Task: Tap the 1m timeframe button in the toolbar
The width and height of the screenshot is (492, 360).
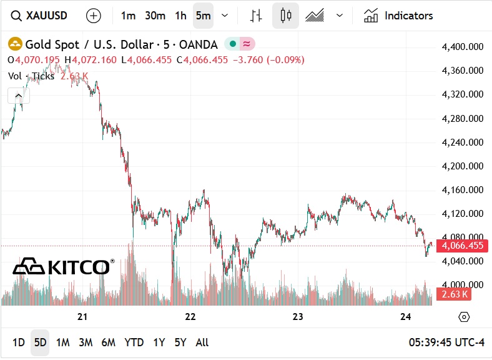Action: (128, 16)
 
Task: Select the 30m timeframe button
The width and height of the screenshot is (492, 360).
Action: (155, 16)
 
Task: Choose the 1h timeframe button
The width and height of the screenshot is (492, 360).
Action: (180, 16)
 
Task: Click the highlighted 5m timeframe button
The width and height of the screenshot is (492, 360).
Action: (203, 16)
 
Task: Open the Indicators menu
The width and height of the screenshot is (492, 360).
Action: (398, 16)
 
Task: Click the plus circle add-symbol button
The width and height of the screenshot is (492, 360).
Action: (93, 16)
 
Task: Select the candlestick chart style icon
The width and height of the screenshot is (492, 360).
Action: (285, 16)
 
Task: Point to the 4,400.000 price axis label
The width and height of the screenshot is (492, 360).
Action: (463, 47)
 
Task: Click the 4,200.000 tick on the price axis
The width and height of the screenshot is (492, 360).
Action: (463, 166)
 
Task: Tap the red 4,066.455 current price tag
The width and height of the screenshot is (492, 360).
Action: (463, 246)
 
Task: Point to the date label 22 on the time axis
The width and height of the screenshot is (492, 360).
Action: (190, 317)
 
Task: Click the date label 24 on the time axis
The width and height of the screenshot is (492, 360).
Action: (406, 317)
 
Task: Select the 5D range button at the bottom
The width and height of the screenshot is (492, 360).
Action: (41, 342)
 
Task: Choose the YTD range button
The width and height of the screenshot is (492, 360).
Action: (134, 342)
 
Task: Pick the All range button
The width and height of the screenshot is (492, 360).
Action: (202, 342)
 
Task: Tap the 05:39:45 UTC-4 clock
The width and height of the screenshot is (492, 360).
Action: (446, 342)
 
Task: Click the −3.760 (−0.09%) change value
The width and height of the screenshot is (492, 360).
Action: (268, 60)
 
